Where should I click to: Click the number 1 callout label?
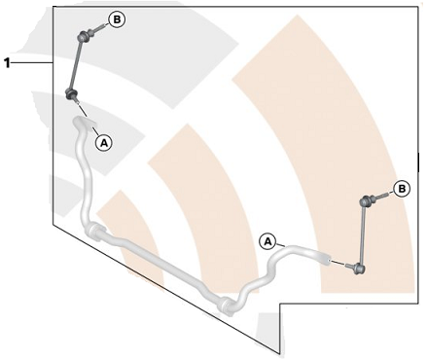(x=7, y=62)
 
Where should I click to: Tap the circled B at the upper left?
(x=117, y=19)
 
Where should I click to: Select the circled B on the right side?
(x=402, y=189)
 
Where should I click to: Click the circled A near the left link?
(x=104, y=142)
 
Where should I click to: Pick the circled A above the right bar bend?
(x=267, y=241)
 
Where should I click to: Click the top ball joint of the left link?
(x=83, y=36)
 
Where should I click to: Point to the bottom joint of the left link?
(x=71, y=94)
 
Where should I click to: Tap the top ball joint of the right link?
(x=365, y=201)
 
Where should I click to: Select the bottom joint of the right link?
(x=360, y=269)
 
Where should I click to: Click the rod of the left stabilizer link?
(x=77, y=64)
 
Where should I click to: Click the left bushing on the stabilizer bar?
(x=94, y=232)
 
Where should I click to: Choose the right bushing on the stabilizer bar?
(x=227, y=306)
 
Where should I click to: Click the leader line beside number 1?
(x=32, y=62)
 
